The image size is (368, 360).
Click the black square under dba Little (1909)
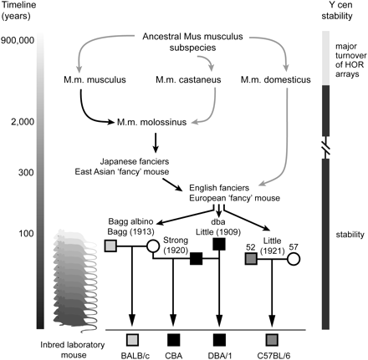(x=220, y=245)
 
